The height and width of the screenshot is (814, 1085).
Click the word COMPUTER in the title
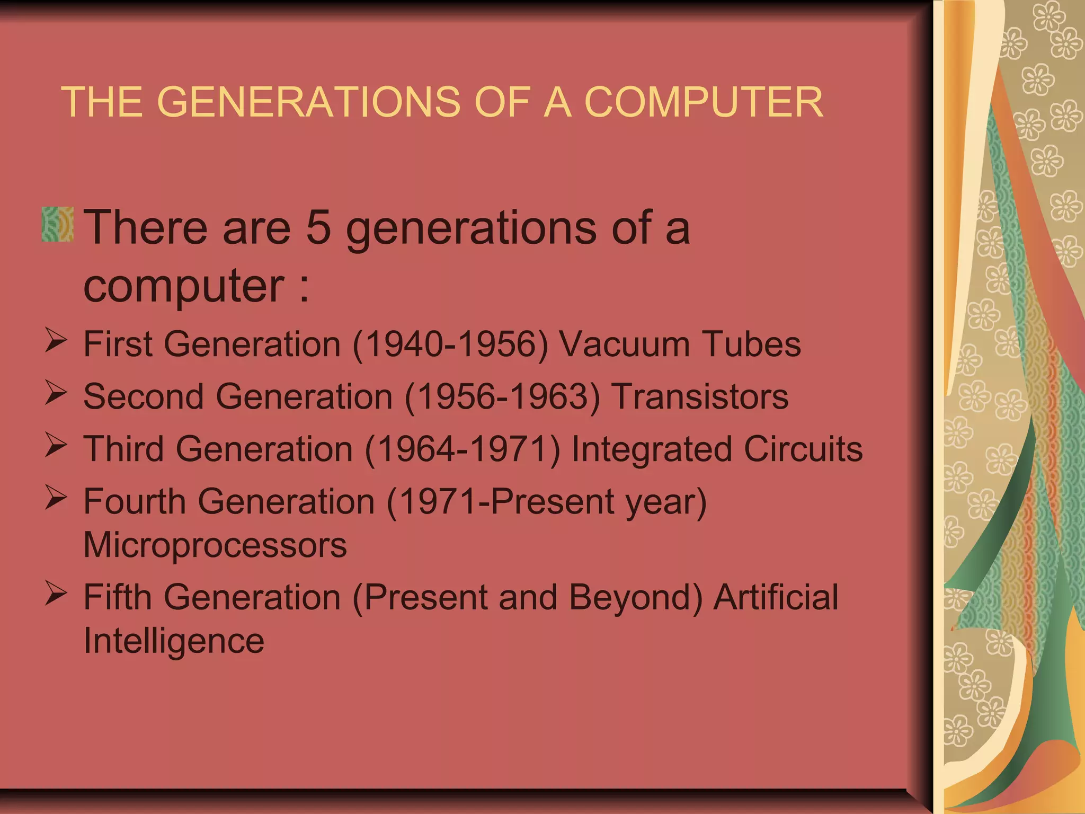pyautogui.click(x=704, y=102)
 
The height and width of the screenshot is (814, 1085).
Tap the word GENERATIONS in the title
pyautogui.click(x=308, y=102)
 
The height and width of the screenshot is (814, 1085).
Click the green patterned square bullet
pyautogui.click(x=58, y=225)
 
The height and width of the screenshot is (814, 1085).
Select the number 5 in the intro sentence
pyautogui.click(x=319, y=228)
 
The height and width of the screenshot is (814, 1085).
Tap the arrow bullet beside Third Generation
pyautogui.click(x=56, y=445)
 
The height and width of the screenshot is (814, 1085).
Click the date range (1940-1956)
pyautogui.click(x=450, y=344)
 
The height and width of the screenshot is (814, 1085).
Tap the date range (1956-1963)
pyautogui.click(x=502, y=397)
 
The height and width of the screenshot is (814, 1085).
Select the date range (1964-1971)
pyautogui.click(x=462, y=449)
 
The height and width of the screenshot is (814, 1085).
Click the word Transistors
pyautogui.click(x=700, y=397)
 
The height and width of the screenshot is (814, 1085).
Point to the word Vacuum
pyautogui.click(x=625, y=344)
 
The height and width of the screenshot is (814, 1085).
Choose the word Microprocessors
pyautogui.click(x=215, y=545)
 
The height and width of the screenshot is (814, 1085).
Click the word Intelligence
pyautogui.click(x=174, y=641)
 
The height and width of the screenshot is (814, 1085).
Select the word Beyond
pyautogui.click(x=636, y=598)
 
